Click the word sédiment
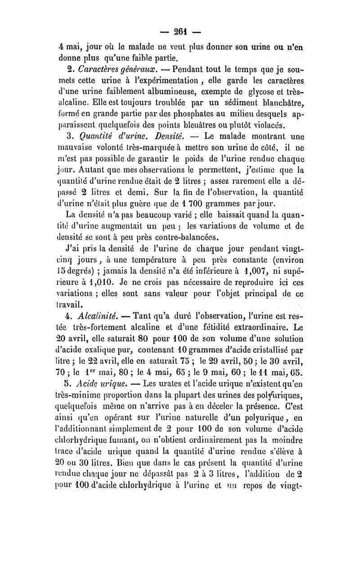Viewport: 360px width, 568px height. pyautogui.click(x=265, y=104)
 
